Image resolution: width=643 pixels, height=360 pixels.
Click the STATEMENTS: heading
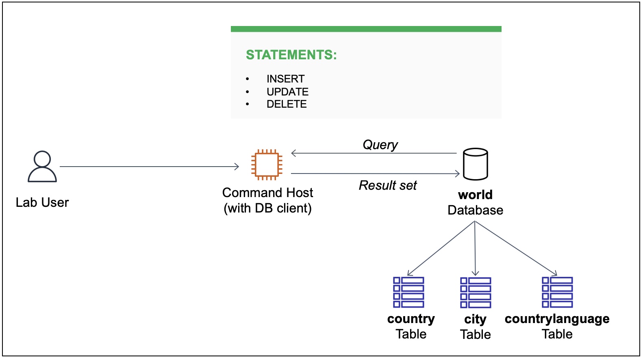[x=291, y=55]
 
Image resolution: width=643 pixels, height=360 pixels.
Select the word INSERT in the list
[x=285, y=79]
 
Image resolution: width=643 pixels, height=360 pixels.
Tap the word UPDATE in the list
[x=287, y=92]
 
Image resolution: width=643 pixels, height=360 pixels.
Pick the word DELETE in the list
[x=287, y=104]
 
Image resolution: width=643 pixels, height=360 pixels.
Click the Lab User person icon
[x=42, y=167]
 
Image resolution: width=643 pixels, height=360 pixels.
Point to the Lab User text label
[x=42, y=202]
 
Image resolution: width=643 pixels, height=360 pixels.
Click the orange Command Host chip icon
[x=267, y=165]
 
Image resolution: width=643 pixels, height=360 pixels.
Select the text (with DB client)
[x=267, y=208]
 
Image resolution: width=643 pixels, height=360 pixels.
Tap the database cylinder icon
[x=475, y=164]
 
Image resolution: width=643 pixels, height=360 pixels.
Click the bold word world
[x=475, y=195]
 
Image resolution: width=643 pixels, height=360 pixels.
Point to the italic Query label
[x=380, y=145]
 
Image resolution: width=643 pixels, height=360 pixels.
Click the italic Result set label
[x=388, y=186]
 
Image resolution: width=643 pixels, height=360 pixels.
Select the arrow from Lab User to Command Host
[x=149, y=167]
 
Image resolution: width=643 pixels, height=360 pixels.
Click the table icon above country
[x=408, y=292]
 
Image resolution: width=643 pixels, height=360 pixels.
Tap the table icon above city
[x=475, y=293]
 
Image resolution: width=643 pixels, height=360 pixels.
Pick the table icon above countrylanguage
[x=557, y=292]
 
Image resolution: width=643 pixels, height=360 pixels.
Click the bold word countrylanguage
[x=557, y=319]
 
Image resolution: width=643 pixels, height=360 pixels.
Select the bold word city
[x=475, y=319]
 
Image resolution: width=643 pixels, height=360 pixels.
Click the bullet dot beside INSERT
[x=247, y=79]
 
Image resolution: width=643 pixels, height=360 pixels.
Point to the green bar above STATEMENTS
[x=366, y=29]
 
